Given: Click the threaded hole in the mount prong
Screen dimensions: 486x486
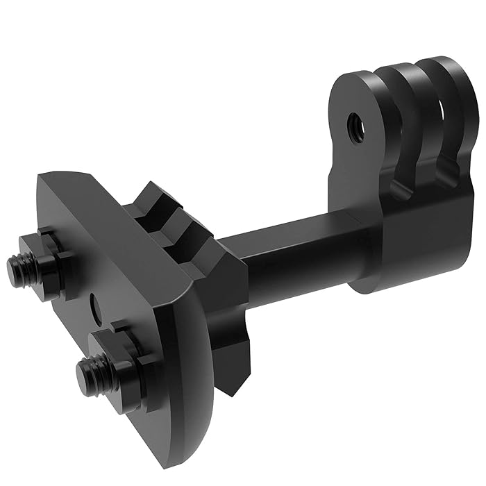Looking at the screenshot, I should click(355, 122).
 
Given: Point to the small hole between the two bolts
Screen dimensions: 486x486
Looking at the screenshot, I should click(95, 303).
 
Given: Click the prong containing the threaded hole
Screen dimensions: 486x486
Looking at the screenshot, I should click(354, 139).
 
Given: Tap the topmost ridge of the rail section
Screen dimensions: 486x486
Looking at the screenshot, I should click(156, 198).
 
